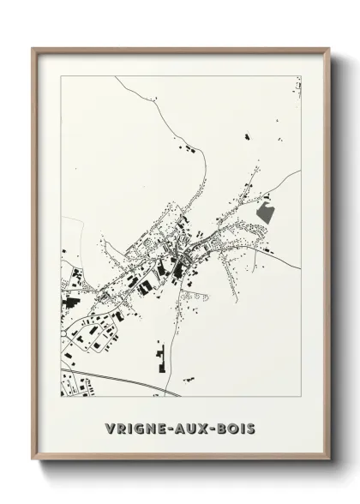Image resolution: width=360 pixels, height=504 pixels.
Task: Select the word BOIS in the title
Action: (x=234, y=426)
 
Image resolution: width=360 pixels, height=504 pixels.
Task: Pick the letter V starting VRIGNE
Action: (x=109, y=426)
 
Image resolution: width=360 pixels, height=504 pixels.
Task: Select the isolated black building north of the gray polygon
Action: (x=246, y=136)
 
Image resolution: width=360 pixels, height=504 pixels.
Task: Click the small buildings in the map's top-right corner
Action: (x=297, y=87)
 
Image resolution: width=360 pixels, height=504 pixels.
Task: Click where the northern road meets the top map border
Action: (x=116, y=76)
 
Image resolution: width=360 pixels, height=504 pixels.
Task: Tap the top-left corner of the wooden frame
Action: (x=33, y=49)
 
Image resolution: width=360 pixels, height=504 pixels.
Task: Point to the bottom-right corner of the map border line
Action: (x=301, y=397)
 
